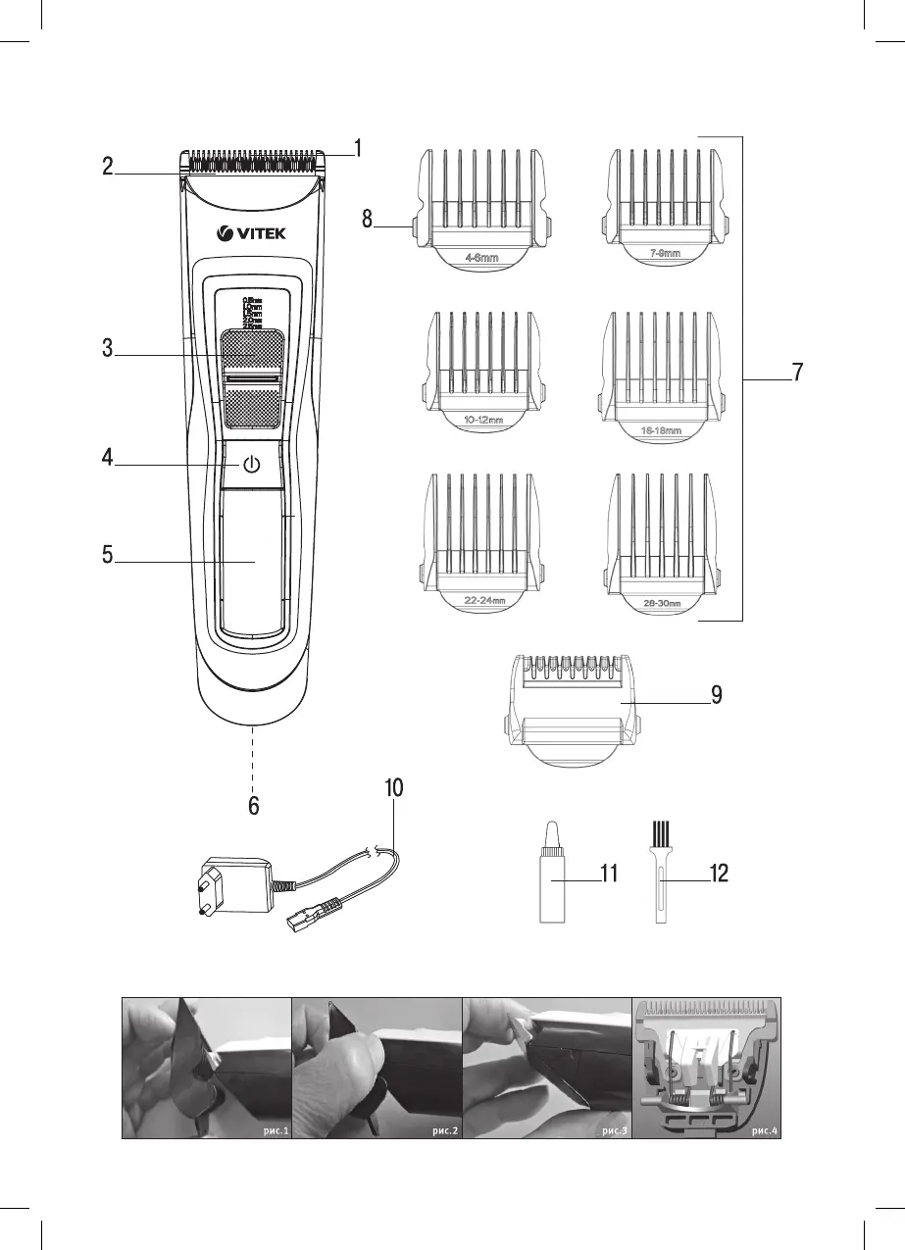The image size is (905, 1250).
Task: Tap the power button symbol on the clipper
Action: tap(252, 465)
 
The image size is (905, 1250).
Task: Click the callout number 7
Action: tap(798, 373)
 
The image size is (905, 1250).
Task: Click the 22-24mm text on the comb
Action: tap(483, 600)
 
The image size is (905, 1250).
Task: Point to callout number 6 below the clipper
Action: tap(253, 806)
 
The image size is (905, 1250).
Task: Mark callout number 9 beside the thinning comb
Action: tap(718, 695)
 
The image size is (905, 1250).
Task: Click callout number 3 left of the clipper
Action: tap(108, 348)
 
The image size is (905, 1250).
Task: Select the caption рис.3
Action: tap(616, 1130)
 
